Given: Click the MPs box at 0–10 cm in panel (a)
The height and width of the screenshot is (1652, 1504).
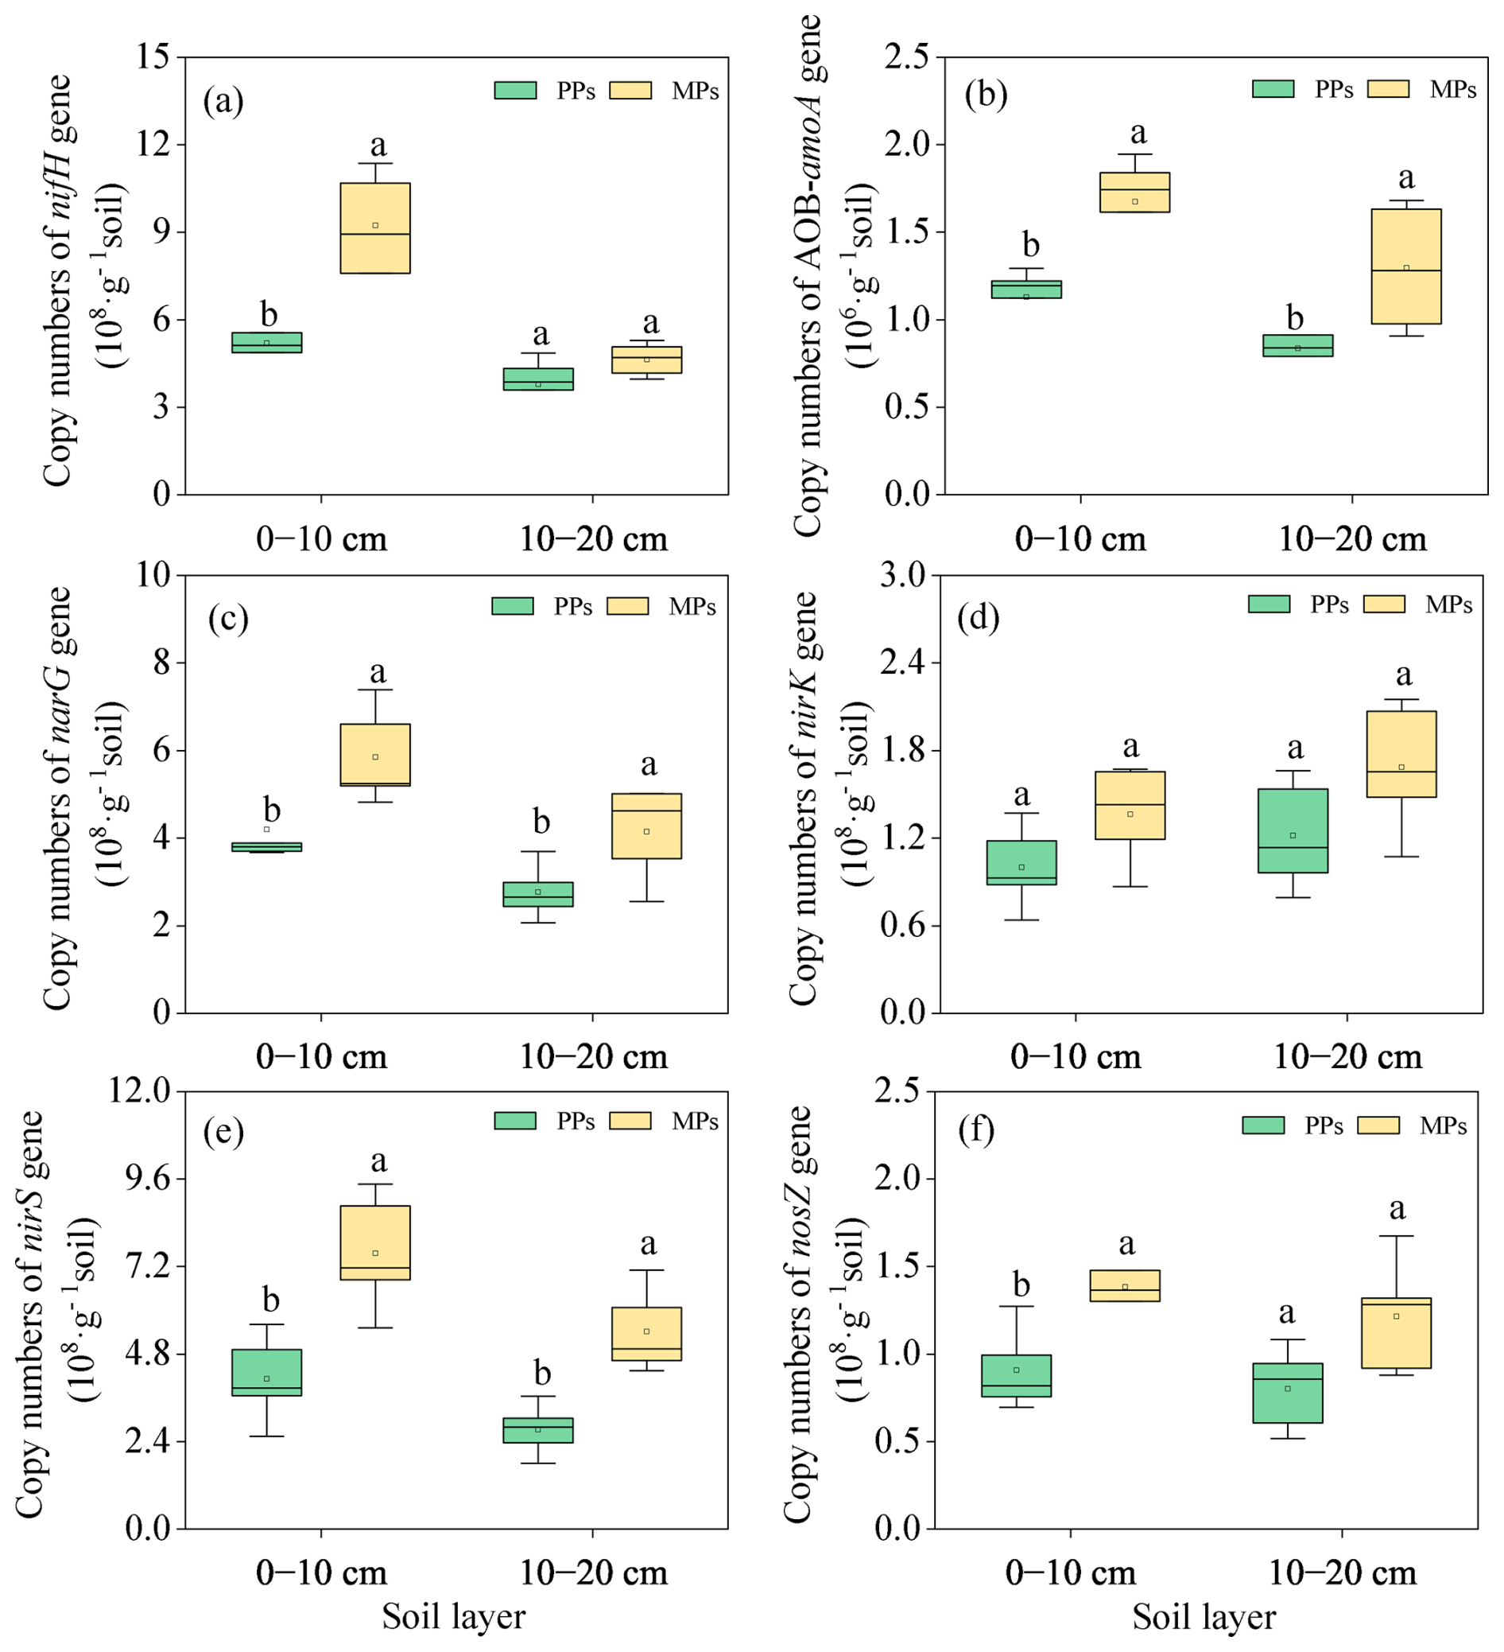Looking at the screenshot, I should pyautogui.click(x=375, y=227).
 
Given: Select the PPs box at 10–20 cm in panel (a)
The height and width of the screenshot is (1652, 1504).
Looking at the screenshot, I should pyautogui.click(x=538, y=379).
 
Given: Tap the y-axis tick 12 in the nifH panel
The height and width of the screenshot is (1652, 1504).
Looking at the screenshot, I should pyautogui.click(x=155, y=144).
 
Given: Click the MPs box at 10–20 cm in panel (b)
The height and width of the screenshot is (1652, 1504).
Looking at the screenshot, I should pyautogui.click(x=1405, y=266).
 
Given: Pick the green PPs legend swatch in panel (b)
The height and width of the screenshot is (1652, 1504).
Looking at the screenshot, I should pyautogui.click(x=1273, y=88).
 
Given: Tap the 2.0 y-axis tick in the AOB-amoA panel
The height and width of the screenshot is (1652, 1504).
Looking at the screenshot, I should pyautogui.click(x=909, y=144).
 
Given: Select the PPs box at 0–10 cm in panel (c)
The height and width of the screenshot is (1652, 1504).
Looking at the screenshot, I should pyautogui.click(x=266, y=846).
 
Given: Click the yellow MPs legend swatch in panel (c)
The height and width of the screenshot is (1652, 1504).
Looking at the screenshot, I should pyautogui.click(x=627, y=605).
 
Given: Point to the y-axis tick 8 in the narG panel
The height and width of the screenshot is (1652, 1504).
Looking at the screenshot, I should pyautogui.click(x=162, y=662).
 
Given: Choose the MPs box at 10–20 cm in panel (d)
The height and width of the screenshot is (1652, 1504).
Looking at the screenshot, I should pyautogui.click(x=1401, y=754).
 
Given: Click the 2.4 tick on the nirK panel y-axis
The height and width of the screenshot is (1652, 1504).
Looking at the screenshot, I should pyautogui.click(x=904, y=662).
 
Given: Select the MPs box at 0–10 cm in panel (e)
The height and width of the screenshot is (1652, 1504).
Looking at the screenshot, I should pyautogui.click(x=375, y=1242).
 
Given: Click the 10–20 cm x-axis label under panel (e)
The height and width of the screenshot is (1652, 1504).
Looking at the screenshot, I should pyautogui.click(x=594, y=1572).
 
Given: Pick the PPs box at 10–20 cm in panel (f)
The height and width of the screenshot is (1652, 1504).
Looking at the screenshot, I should pyautogui.click(x=1288, y=1393).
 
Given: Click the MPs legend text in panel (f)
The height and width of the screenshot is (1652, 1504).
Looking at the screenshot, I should pyautogui.click(x=1443, y=1126).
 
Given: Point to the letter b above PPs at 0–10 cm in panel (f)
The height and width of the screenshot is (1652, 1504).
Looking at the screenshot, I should pyautogui.click(x=1021, y=1284).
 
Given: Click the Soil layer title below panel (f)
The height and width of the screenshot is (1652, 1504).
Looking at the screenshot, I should pyautogui.click(x=1204, y=1617).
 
